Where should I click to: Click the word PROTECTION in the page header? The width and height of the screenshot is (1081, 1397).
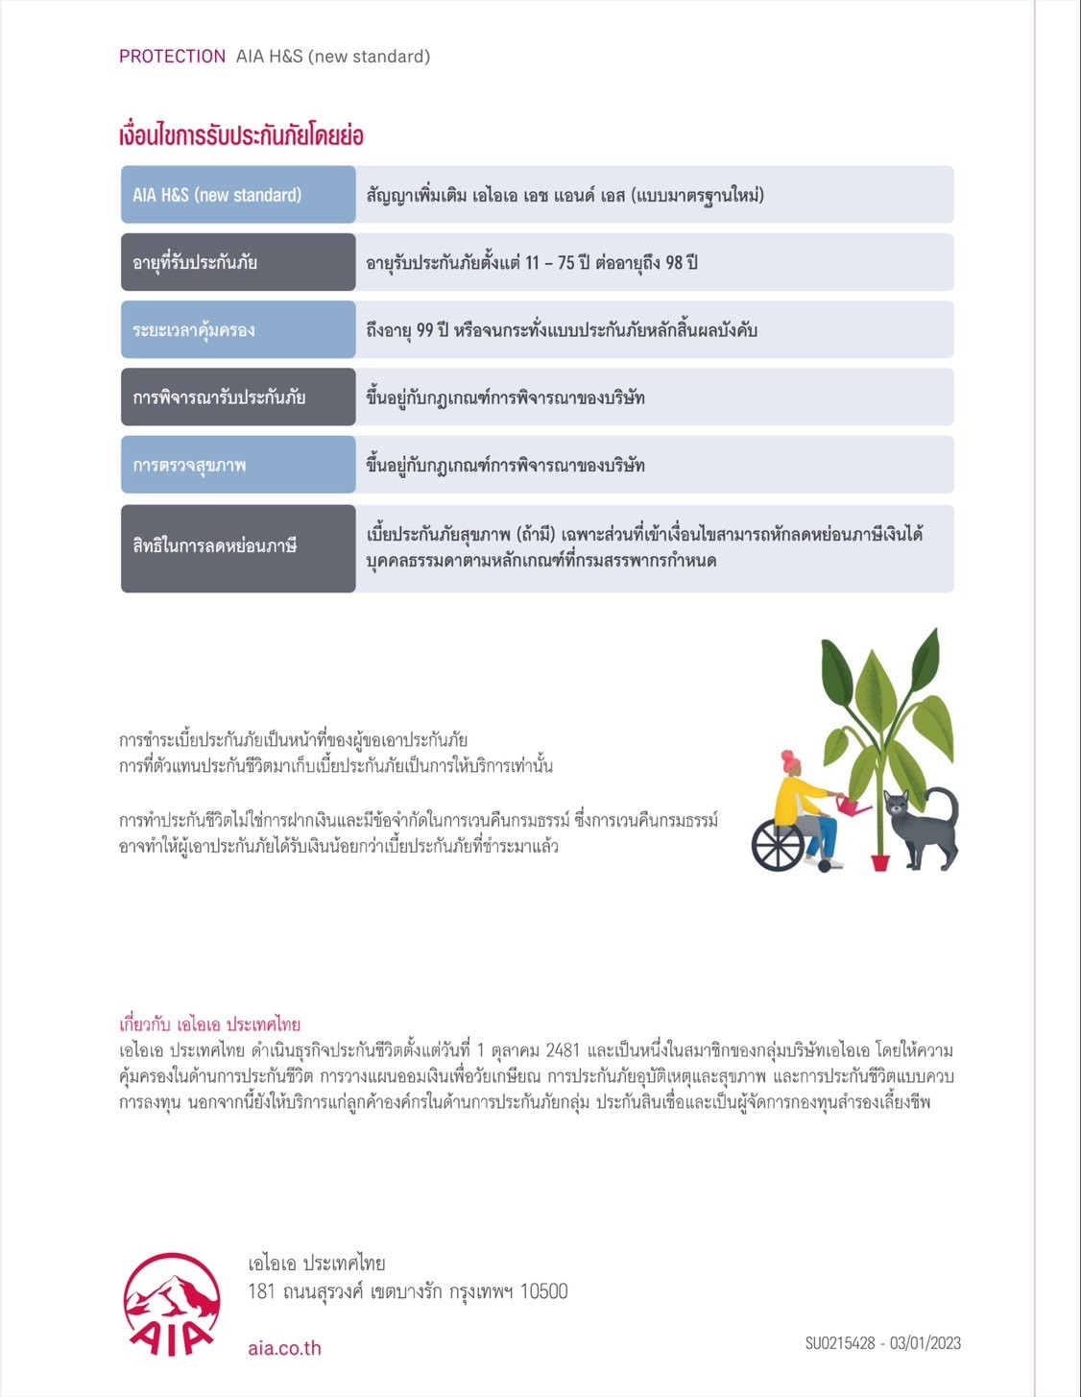click(172, 57)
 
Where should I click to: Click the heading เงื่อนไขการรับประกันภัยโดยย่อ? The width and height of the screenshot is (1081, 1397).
click(241, 135)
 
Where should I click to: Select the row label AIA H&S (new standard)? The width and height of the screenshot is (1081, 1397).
click(217, 195)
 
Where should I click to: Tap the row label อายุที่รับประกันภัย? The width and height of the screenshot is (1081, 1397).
click(195, 262)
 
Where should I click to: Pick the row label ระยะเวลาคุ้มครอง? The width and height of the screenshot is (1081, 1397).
click(194, 330)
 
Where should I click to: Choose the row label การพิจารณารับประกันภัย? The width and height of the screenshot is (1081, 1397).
click(219, 397)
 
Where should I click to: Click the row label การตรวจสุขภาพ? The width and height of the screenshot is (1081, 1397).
click(189, 466)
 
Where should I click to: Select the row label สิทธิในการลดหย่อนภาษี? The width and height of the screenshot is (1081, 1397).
click(215, 546)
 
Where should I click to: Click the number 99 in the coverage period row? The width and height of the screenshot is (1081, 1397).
click(426, 330)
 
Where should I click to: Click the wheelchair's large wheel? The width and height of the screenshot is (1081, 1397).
click(778, 845)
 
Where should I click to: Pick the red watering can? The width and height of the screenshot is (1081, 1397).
click(851, 806)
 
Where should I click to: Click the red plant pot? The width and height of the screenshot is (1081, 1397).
click(880, 861)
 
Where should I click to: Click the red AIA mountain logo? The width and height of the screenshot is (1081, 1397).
click(172, 1303)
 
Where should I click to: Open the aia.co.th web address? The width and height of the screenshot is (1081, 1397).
click(284, 1348)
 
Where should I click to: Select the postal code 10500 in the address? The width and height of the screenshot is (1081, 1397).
click(543, 1291)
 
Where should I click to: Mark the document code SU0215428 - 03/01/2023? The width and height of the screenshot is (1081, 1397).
click(882, 1343)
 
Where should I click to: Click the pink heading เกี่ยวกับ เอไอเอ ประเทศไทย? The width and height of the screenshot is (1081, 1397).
click(209, 1024)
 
